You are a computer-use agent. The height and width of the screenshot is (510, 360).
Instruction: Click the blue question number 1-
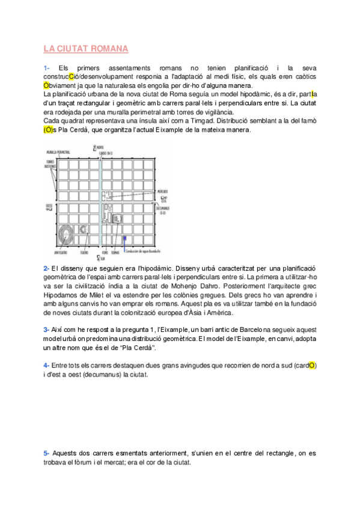[47, 68]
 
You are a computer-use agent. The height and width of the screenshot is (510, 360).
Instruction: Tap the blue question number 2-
[46, 268]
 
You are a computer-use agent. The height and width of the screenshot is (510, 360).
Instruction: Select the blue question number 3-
[46, 330]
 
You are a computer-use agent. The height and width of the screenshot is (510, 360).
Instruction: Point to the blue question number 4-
[46, 365]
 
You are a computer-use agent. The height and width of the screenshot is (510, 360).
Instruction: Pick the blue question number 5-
[46, 453]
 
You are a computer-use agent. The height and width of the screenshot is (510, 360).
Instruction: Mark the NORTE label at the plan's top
[99, 147]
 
